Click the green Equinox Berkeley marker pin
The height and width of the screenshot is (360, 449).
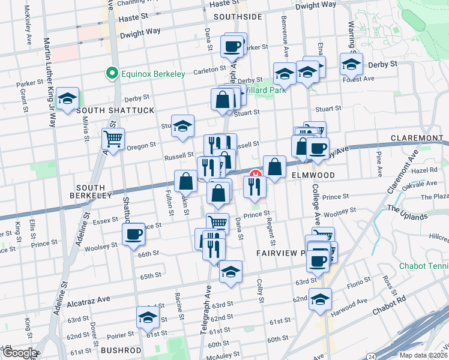(x=111, y=74)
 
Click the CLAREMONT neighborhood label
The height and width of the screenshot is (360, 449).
(x=416, y=138)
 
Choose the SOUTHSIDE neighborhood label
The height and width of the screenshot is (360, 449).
(x=238, y=17)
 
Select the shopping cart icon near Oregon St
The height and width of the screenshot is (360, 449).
(x=113, y=139)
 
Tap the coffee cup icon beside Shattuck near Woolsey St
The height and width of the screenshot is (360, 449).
(x=134, y=234)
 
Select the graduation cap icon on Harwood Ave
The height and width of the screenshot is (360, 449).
(x=321, y=299)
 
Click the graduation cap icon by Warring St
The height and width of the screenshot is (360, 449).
(x=351, y=63)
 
